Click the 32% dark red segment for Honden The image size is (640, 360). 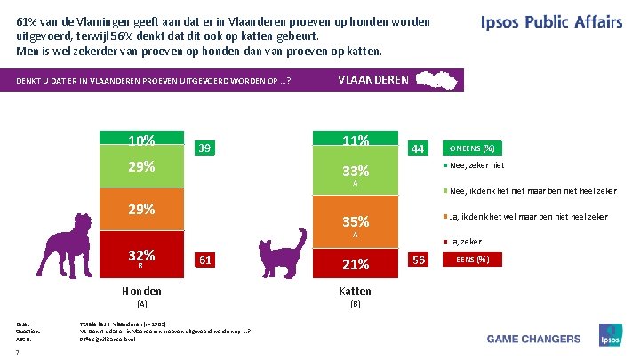tap(141, 256)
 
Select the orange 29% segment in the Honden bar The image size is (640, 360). tap(141, 211)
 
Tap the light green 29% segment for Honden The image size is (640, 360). tap(141, 168)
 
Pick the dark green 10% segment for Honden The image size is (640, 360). tap(141, 140)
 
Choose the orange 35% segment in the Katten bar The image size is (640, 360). tap(355, 221)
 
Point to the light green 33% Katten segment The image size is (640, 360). tap(355, 171)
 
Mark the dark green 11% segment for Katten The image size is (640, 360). tap(355, 140)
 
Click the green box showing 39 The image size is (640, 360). tap(204, 148)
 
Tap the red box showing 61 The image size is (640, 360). tap(204, 260)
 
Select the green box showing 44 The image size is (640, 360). tap(418, 148)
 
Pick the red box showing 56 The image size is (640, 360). tap(418, 260)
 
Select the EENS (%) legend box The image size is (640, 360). tap(472, 260)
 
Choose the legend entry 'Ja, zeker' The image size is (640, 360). tap(465, 240)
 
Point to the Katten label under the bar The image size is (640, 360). tap(355, 292)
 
